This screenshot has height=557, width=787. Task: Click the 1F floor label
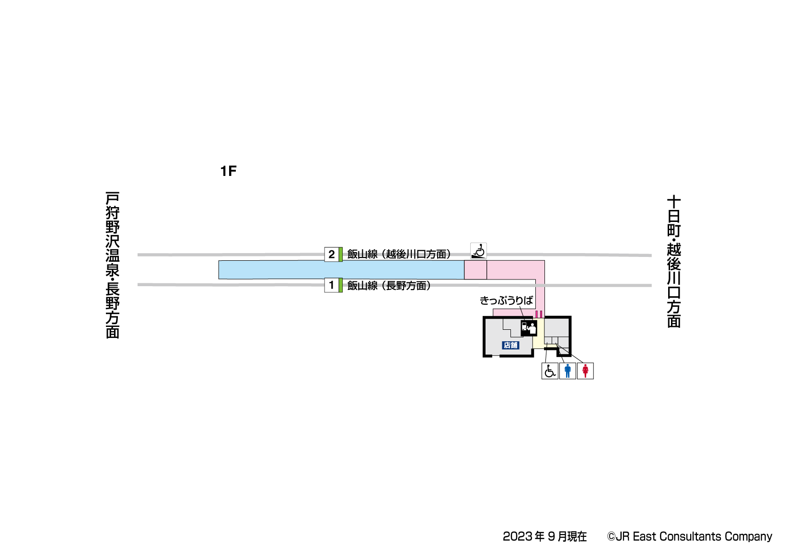[228, 171]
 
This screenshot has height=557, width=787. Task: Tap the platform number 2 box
[331, 254]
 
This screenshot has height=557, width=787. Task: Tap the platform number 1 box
[331, 285]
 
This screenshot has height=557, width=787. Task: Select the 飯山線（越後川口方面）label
[399, 254]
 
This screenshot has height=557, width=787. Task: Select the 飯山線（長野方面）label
[389, 286]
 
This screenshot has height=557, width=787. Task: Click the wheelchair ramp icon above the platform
[478, 251]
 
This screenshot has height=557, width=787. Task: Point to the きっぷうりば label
[506, 301]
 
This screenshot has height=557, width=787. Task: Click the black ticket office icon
[529, 328]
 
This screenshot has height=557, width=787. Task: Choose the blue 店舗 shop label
[510, 345]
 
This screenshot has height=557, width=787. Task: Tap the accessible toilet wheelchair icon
[550, 371]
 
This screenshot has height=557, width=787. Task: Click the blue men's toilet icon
[567, 371]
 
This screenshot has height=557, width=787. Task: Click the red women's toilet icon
[585, 371]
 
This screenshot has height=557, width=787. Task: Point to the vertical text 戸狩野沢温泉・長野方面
[113, 265]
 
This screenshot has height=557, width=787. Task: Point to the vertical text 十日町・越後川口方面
[674, 261]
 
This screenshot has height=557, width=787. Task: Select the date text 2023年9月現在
[544, 536]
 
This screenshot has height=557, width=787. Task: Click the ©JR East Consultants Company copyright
[689, 536]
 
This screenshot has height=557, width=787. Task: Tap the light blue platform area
[341, 270]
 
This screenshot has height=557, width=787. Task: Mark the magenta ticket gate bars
[539, 314]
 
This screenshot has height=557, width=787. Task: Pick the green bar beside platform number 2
[341, 254]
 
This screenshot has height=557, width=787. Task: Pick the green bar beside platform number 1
[341, 285]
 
